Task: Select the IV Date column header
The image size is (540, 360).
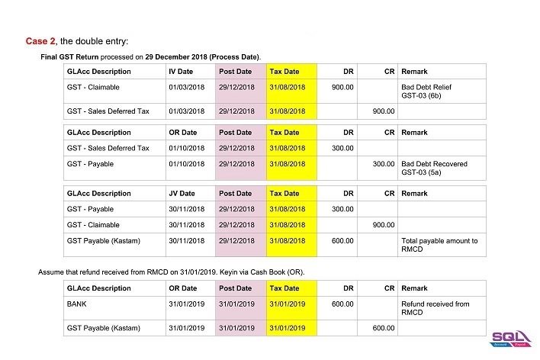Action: click(181, 72)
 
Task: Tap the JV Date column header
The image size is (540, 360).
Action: click(182, 194)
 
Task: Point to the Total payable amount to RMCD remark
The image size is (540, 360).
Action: click(439, 245)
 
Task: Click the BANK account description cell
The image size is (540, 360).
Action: click(78, 304)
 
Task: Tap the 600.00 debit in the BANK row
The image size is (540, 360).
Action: click(342, 304)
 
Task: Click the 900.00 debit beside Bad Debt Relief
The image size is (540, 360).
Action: click(342, 88)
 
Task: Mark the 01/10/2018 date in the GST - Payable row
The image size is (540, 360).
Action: click(186, 164)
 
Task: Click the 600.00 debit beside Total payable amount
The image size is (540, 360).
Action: click(342, 241)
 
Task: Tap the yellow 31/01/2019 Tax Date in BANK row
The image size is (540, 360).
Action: click(287, 304)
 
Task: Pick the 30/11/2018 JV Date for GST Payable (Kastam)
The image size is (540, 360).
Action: click(186, 241)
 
